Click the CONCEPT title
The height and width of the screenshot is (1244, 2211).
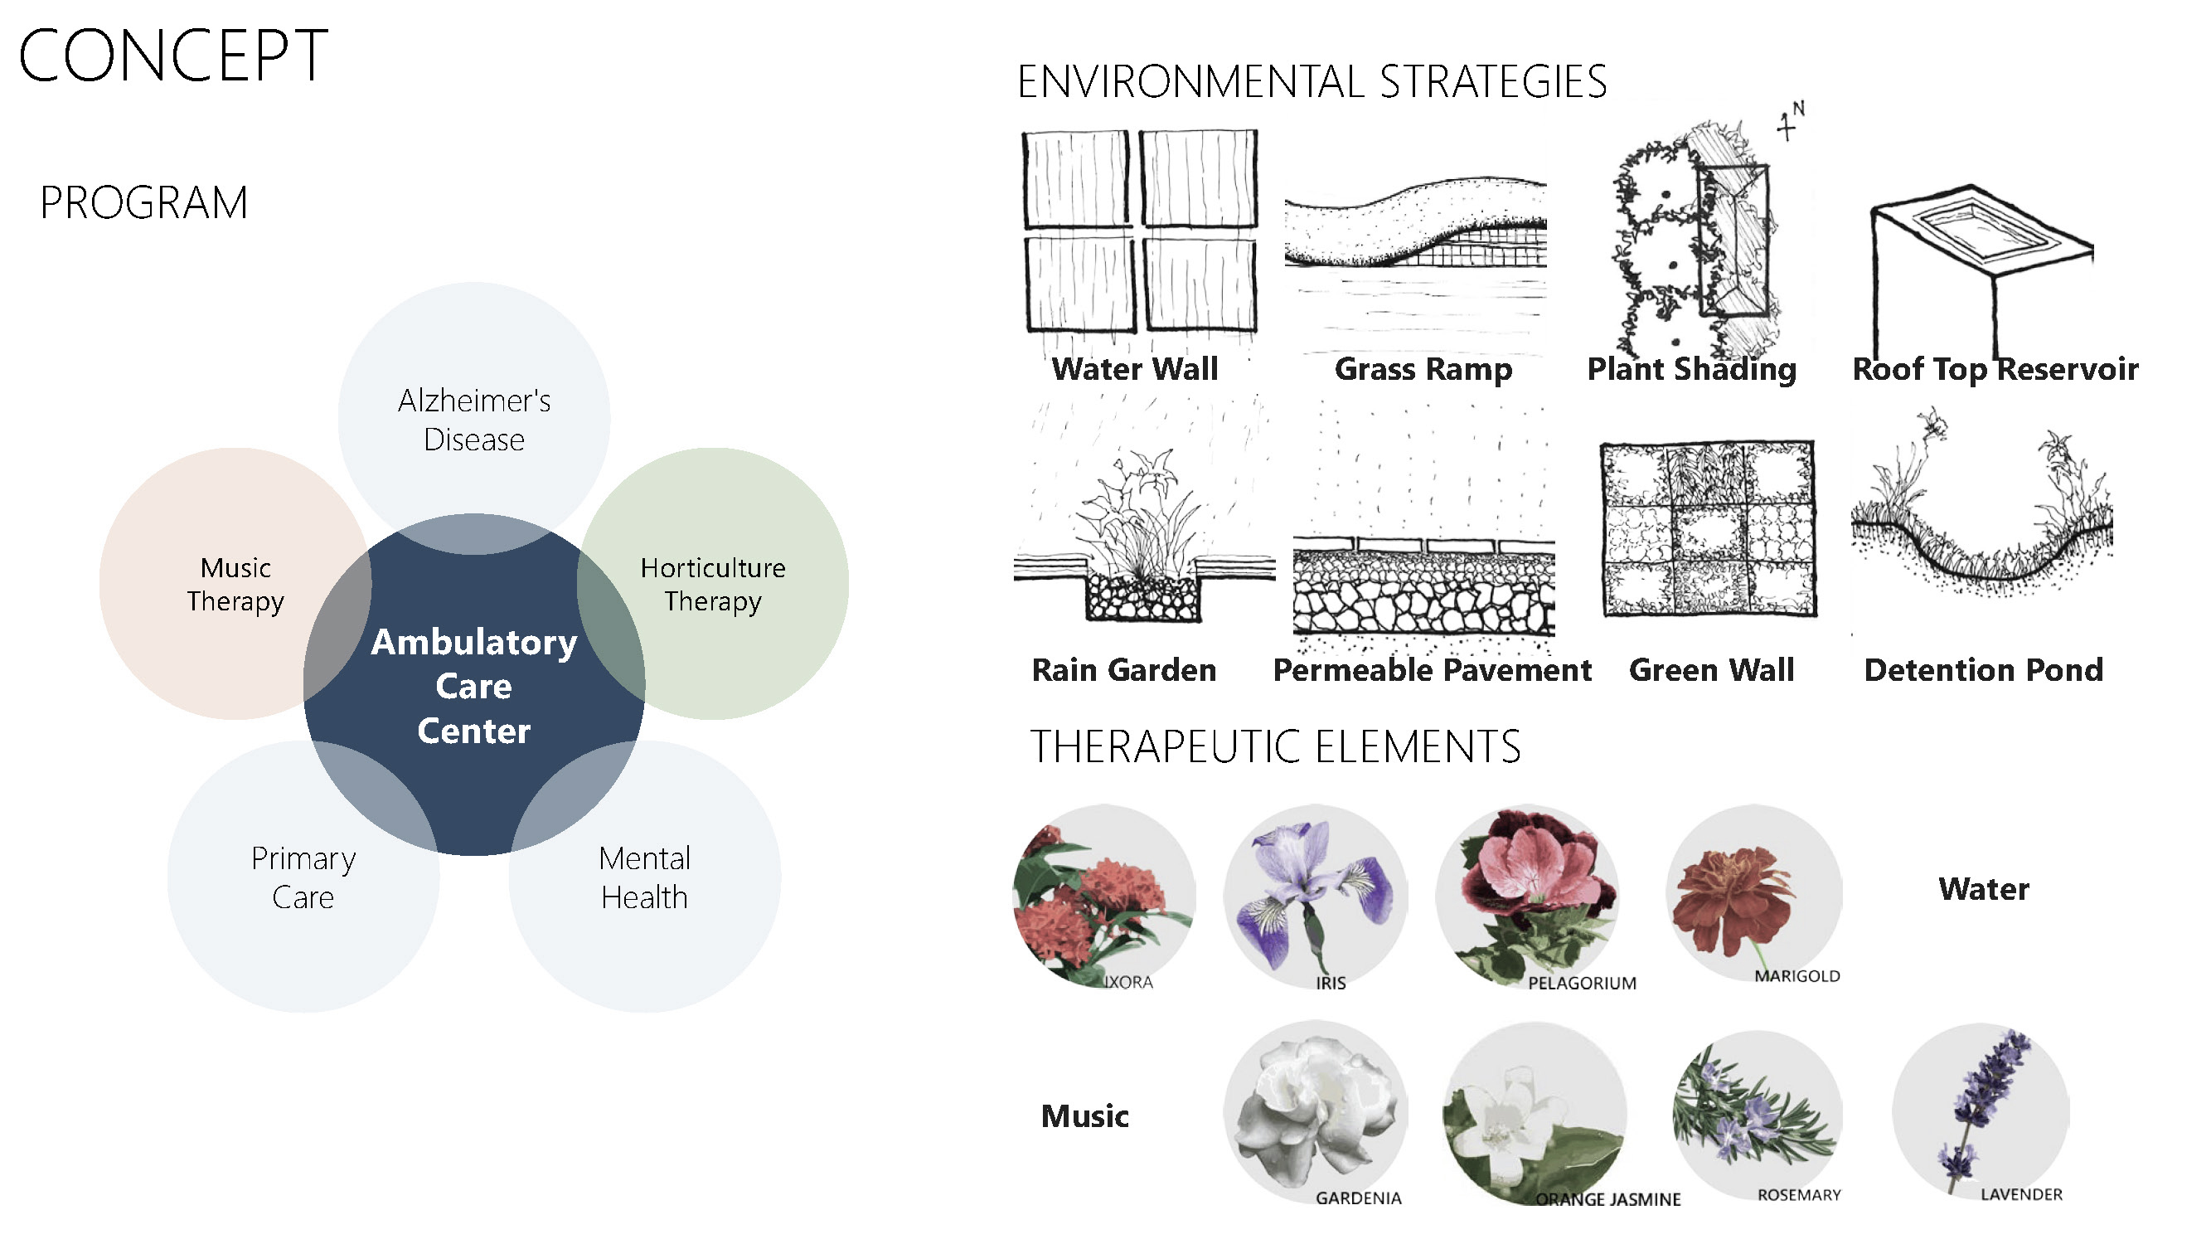[x=172, y=56]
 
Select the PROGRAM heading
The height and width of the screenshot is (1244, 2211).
[x=143, y=203]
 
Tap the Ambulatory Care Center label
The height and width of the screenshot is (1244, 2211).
[x=474, y=686]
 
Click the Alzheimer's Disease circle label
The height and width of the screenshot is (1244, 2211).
[x=474, y=420]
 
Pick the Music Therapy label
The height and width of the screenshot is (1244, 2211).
[x=235, y=584]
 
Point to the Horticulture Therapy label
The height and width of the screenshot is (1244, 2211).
[x=712, y=584]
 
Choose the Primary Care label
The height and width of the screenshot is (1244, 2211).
[x=303, y=877]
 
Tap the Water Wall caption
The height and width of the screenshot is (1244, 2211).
[x=1134, y=369]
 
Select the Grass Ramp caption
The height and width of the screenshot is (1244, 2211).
[x=1423, y=369]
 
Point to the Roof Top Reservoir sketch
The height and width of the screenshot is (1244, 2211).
[x=1981, y=258]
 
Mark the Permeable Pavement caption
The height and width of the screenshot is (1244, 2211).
[x=1432, y=669]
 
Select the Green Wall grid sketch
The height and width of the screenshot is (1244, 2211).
[x=1708, y=529]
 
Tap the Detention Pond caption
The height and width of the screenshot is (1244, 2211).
[x=1984, y=669]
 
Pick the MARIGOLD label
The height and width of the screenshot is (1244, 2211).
[x=1796, y=976]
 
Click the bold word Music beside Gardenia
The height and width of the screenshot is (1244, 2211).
[x=1085, y=1116]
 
